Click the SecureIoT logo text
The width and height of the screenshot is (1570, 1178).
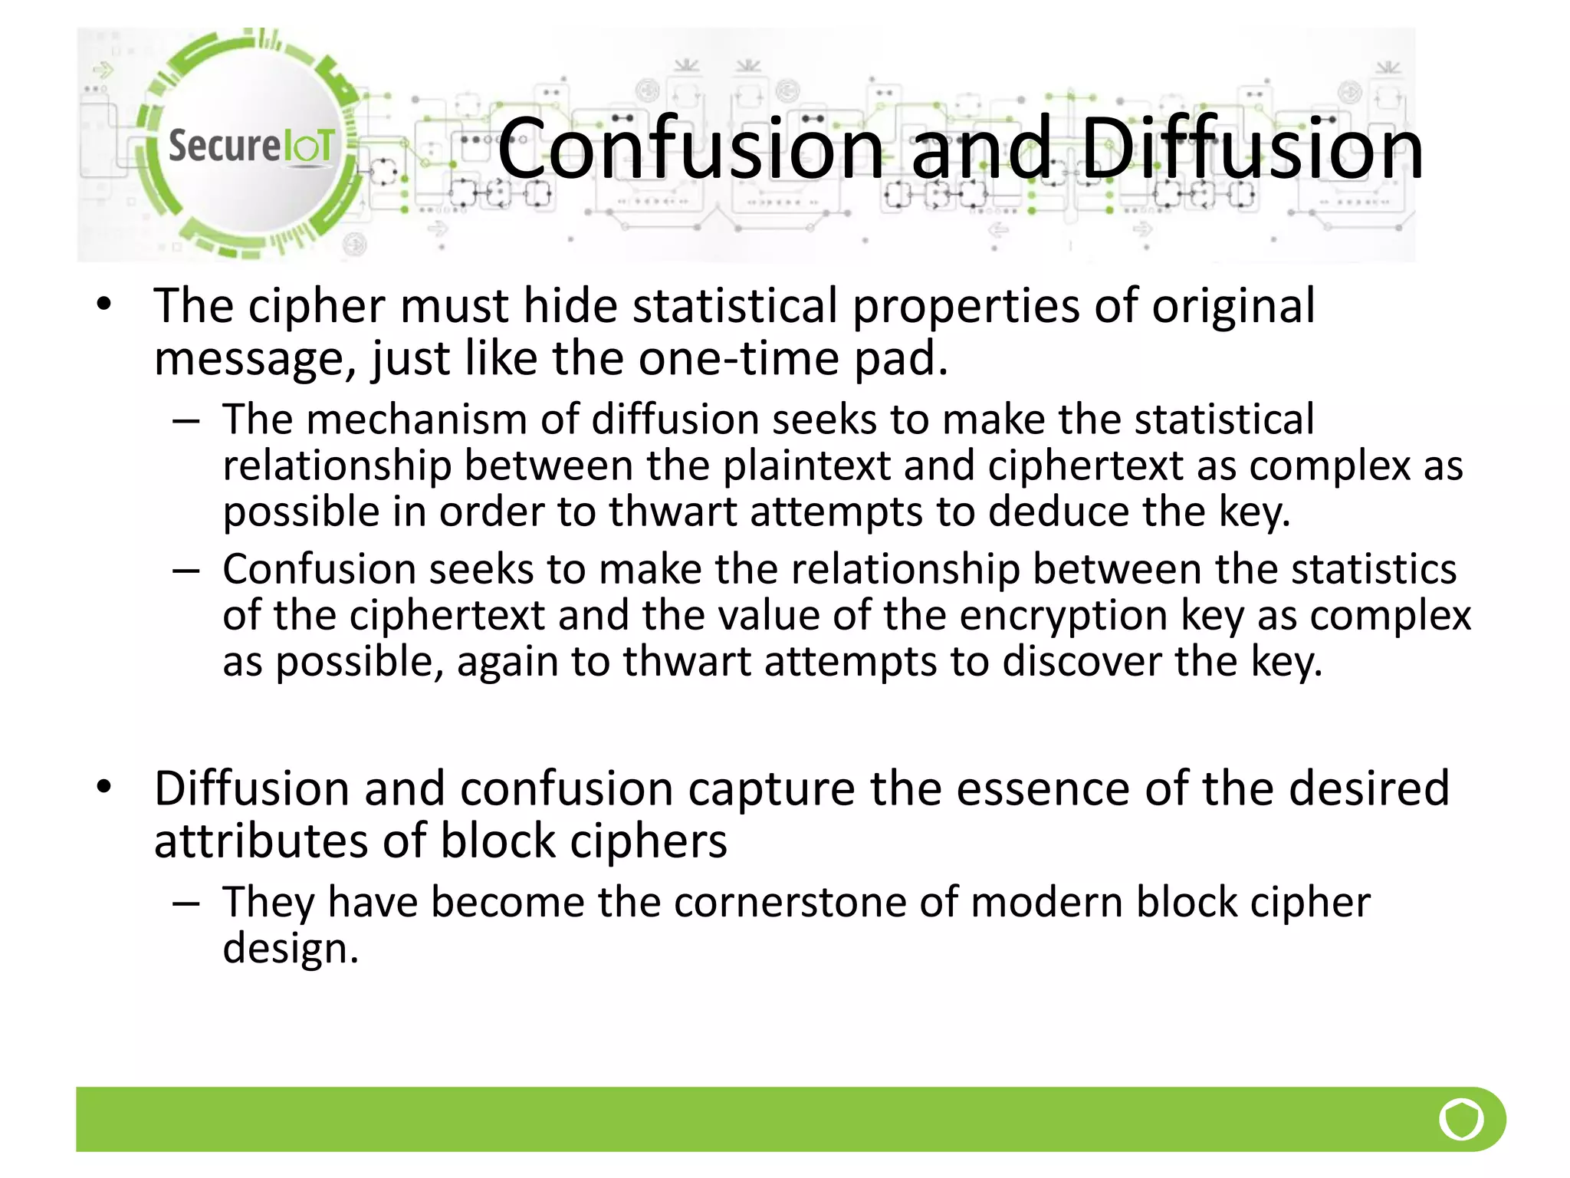[x=251, y=146]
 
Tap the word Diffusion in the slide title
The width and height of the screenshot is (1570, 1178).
[x=1251, y=147]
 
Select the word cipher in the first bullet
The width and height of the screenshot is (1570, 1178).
[x=317, y=307]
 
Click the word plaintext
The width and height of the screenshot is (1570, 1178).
[x=806, y=466]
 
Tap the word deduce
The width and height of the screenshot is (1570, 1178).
[x=1059, y=512]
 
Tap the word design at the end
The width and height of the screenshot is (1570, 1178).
[x=290, y=949]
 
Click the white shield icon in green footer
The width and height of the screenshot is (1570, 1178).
[x=1461, y=1119]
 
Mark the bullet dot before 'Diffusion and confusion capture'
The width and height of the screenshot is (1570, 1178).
[x=104, y=787]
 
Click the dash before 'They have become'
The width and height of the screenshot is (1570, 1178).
[x=186, y=903]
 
